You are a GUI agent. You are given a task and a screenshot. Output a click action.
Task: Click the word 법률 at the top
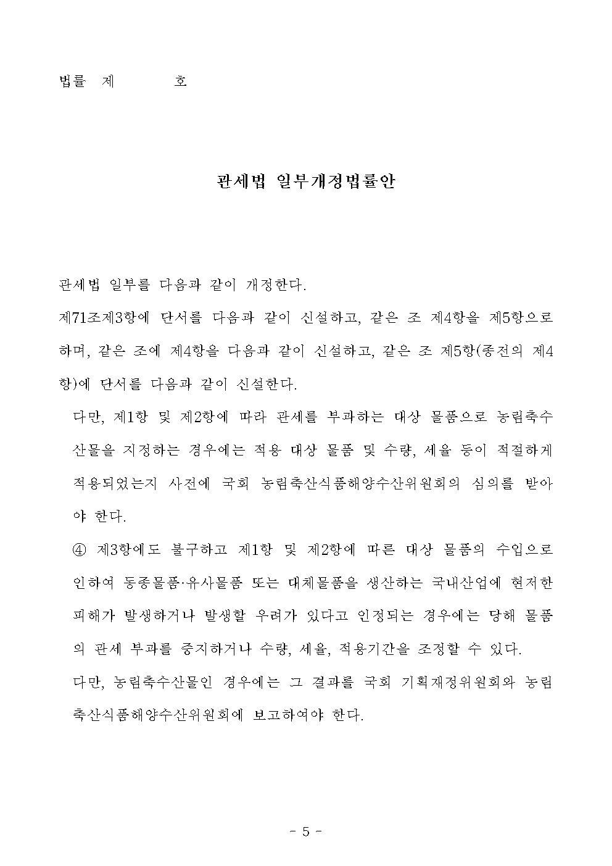[72, 81]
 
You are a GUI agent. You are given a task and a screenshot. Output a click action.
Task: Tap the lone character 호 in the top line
[180, 81]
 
